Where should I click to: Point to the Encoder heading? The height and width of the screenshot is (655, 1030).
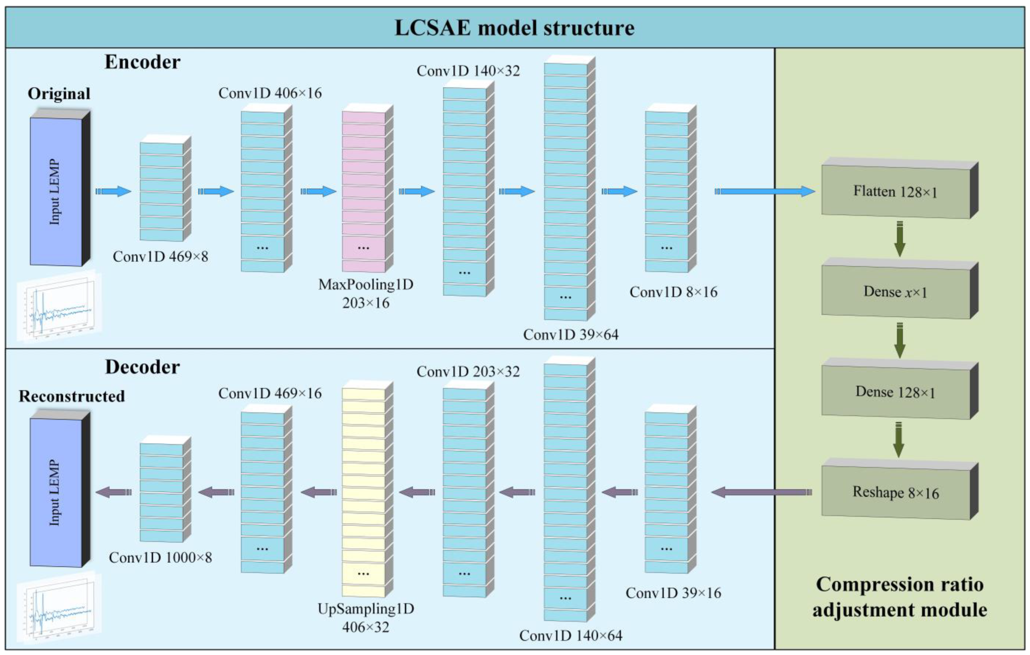[143, 62]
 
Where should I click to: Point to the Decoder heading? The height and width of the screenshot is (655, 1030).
[143, 367]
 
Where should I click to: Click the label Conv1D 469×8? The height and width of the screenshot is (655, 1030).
[160, 257]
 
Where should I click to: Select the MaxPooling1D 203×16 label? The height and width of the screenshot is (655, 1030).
[366, 294]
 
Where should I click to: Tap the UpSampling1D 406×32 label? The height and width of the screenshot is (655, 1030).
[366, 618]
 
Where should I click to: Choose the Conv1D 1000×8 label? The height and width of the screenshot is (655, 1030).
[160, 557]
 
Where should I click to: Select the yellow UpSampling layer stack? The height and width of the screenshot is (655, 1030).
[367, 489]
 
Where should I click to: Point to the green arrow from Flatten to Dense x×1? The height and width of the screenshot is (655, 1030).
[900, 238]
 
